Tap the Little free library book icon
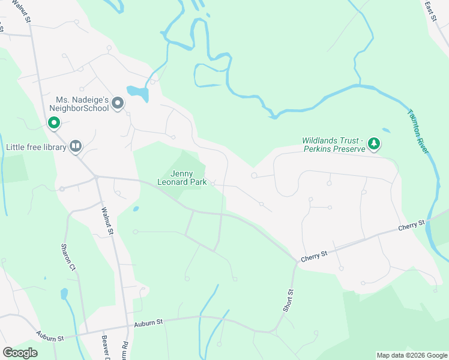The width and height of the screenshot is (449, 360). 76,146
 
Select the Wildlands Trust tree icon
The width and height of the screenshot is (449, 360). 375,143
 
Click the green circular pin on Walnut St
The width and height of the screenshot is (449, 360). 53,123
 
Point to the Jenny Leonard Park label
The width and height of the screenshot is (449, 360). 182,178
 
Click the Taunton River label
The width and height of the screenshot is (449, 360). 418,131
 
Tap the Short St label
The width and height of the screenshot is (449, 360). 289,300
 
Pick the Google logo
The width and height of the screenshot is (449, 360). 20,353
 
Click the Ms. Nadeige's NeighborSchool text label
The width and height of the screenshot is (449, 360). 82,104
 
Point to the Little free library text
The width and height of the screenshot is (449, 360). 35,146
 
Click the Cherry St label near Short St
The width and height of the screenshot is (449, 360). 314,255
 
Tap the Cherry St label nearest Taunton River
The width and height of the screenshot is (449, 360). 412,226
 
